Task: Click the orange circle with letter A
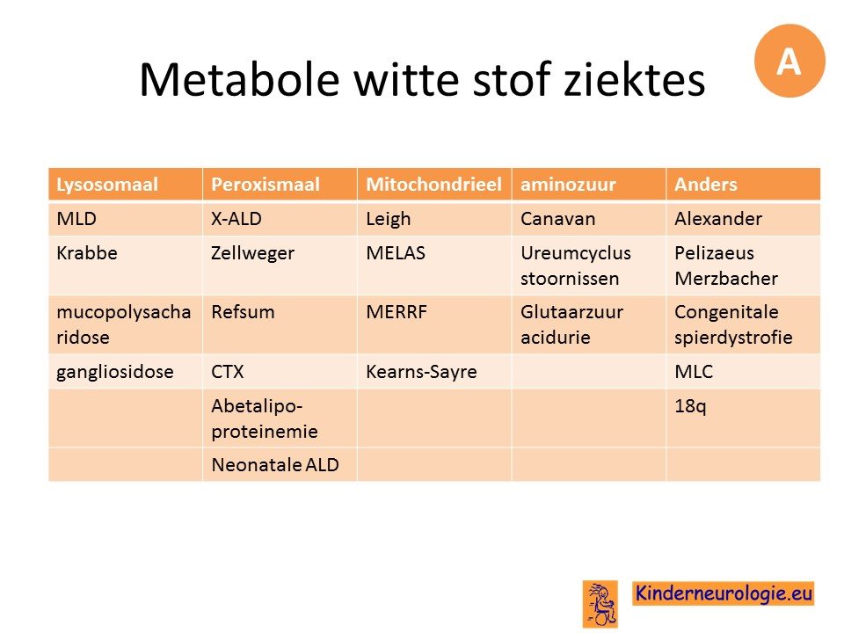coord(789,61)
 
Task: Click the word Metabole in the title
coord(239,80)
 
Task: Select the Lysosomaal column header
coord(126,184)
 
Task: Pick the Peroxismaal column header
coord(280,184)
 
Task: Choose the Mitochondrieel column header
coord(434,184)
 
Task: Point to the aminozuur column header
coord(589,184)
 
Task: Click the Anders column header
coord(744,184)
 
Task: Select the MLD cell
coord(126,219)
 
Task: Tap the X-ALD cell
coord(280,219)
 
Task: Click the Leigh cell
coord(434,219)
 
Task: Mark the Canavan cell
coord(589,219)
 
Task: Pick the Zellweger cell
coord(280,266)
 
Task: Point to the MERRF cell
coord(434,324)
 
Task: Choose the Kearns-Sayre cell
coord(434,371)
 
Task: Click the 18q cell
coord(744,418)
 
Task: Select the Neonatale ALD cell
coord(280,464)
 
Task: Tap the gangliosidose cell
coord(126,371)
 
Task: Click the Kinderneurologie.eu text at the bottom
coord(724,593)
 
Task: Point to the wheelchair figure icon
coord(600,604)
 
